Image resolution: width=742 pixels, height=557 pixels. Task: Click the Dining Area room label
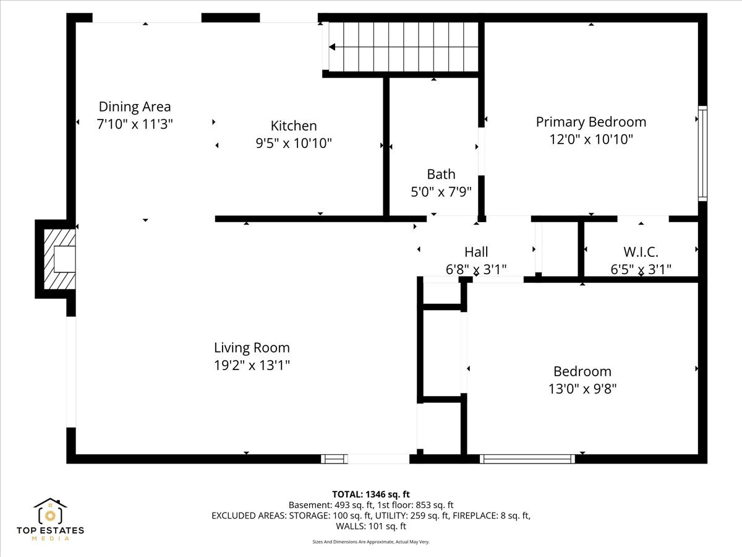coord(135,107)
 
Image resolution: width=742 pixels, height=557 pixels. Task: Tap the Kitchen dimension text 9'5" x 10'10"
coord(294,143)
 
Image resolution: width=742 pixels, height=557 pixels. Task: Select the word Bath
coord(441,175)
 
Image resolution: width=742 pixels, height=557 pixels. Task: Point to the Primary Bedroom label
coord(591,122)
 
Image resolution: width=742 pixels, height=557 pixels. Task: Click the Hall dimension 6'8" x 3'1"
coord(476,270)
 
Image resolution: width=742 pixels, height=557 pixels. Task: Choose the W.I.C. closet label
coord(641,252)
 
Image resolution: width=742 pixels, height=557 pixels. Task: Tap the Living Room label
coord(252,348)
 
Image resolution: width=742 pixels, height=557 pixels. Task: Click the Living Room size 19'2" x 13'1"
coord(252,365)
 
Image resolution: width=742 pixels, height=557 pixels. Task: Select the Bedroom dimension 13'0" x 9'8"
coord(582,389)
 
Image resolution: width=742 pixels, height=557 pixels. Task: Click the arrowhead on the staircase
coord(332,47)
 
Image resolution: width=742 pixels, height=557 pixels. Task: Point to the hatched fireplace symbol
coord(59,259)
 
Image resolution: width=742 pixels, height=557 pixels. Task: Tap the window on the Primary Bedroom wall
coord(702,153)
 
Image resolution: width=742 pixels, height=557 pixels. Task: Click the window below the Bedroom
coord(527,459)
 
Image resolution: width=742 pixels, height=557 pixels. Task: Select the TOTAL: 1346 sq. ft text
coord(371,494)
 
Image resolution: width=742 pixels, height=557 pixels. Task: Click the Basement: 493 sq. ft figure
coord(331,505)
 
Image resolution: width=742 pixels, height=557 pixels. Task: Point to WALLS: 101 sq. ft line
coord(371,526)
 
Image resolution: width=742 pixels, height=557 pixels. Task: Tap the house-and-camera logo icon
coord(50,511)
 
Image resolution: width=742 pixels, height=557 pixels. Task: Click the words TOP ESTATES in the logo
coord(50,530)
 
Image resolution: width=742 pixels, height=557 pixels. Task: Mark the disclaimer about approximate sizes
coord(371,542)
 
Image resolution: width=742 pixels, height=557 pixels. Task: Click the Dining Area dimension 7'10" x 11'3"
coord(135,124)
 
